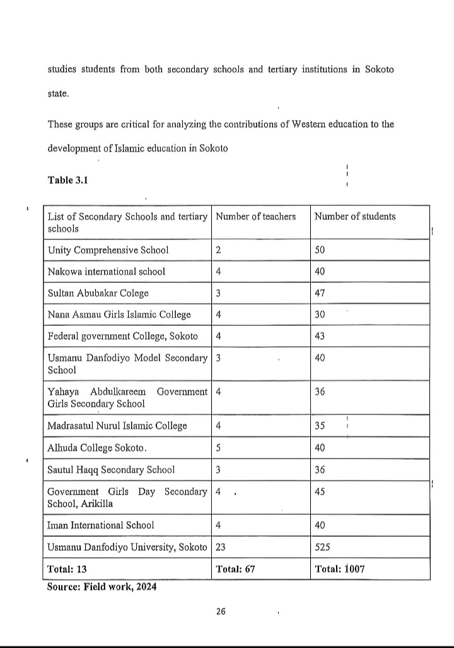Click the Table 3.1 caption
click(67, 180)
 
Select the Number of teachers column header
click(255, 217)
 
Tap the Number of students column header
click(355, 217)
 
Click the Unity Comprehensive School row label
click(108, 250)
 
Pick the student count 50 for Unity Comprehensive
click(320, 250)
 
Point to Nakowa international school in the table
click(107, 272)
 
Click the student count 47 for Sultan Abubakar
click(320, 293)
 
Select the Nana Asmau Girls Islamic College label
click(119, 315)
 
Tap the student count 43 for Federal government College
click(320, 336)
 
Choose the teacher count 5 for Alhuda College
click(218, 448)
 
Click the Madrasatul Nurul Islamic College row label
click(117, 426)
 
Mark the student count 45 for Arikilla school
click(320, 492)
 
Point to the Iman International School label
click(101, 525)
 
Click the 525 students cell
click(322, 547)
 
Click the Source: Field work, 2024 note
click(102, 587)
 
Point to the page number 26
click(221, 611)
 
